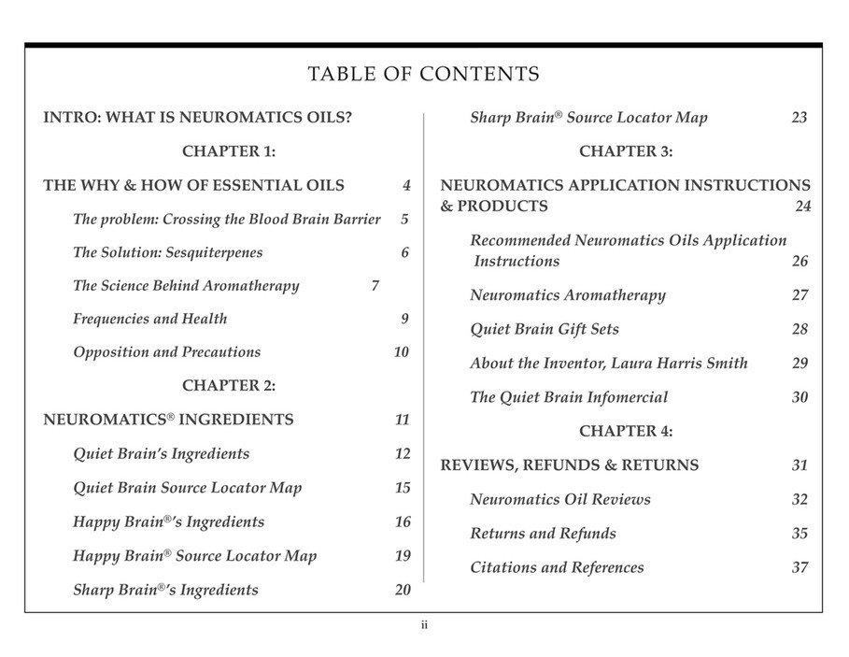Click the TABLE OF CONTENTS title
pos(424,75)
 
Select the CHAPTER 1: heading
pos(228,151)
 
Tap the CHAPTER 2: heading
pos(228,385)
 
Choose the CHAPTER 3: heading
pos(626,151)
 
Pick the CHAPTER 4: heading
pos(626,431)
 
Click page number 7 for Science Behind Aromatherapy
pos(375,286)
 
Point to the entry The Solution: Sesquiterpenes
pos(167,252)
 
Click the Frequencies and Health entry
pos(149,319)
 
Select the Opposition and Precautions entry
pos(166,352)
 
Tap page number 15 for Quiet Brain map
pos(403,488)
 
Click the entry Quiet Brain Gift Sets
pos(544,329)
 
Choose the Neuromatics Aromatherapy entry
pos(567,295)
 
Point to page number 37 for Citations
pos(799,567)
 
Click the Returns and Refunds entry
pos(543,534)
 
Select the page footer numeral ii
pos(424,625)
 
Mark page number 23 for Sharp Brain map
pos(799,118)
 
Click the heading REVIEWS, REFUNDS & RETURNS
pos(569,465)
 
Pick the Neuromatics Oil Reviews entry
pos(559,500)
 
